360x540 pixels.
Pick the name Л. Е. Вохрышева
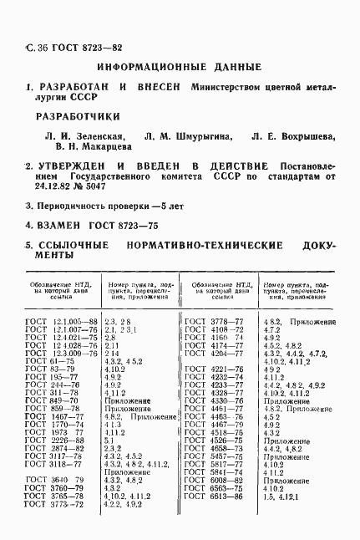pos(292,136)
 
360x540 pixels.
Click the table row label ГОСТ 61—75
pos(50,360)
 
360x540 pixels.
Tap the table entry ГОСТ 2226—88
pos(55,441)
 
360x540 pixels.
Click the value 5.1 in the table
pos(109,441)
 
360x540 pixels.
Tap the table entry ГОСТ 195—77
pos(52,376)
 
